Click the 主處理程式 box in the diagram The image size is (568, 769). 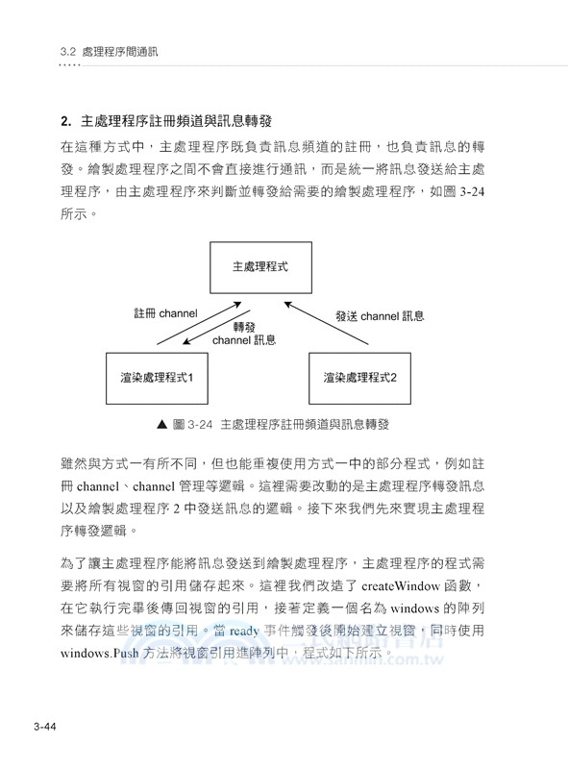(259, 267)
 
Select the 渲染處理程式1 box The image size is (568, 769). (159, 377)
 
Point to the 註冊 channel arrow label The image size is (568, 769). (165, 313)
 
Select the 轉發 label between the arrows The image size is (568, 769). (243, 327)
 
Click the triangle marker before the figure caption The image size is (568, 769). (161, 423)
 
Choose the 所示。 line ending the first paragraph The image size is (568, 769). (79, 214)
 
